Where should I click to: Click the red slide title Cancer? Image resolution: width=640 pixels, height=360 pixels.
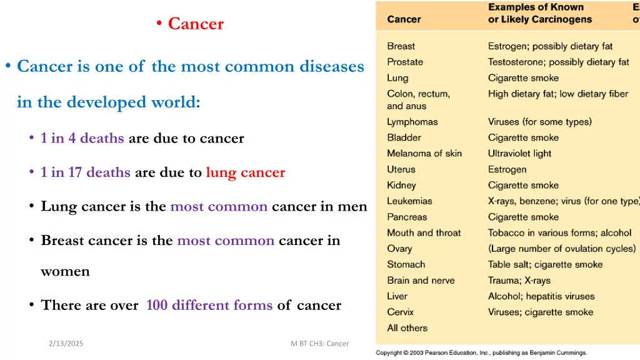(x=195, y=24)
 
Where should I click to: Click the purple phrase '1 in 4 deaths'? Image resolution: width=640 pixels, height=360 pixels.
(x=82, y=138)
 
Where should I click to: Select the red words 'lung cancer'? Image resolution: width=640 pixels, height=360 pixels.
(x=245, y=172)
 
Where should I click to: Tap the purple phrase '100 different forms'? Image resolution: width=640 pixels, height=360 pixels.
(x=209, y=305)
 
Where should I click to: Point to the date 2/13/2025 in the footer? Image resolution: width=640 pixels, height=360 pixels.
(x=66, y=343)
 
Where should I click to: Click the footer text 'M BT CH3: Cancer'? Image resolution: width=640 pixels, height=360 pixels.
(x=319, y=343)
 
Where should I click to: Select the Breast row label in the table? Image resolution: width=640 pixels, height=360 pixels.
(x=401, y=46)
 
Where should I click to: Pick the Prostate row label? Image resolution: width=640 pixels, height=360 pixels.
(x=405, y=62)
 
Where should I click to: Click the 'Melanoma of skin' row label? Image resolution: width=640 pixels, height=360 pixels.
(x=424, y=154)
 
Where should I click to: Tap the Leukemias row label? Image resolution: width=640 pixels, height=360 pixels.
(x=409, y=201)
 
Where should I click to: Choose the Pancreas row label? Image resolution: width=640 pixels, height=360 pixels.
(x=407, y=217)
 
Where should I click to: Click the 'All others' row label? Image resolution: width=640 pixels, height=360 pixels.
(x=407, y=328)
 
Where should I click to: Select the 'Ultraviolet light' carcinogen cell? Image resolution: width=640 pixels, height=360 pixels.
(x=519, y=154)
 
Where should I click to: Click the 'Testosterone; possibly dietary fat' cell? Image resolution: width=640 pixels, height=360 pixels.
(x=558, y=62)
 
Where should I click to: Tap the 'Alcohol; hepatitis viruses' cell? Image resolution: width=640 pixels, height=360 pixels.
(x=541, y=296)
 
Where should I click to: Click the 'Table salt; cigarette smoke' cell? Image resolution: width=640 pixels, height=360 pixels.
(x=545, y=264)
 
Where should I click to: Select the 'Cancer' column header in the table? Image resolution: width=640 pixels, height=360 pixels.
(x=404, y=19)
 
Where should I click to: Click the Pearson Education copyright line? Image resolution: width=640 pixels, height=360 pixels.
(x=481, y=352)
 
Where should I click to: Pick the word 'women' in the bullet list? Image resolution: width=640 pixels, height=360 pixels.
(x=65, y=272)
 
